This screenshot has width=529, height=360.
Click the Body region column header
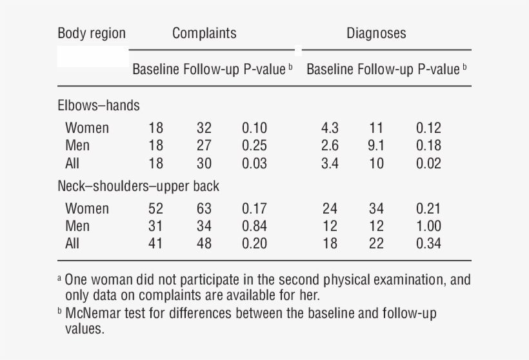pyautogui.click(x=92, y=34)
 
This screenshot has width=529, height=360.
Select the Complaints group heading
pyautogui.click(x=204, y=34)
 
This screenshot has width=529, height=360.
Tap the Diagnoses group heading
pyautogui.click(x=376, y=34)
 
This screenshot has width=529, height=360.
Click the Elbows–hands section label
pyautogui.click(x=99, y=105)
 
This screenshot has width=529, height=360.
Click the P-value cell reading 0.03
pyautogui.click(x=254, y=163)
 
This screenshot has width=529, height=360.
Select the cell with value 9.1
pyautogui.click(x=375, y=146)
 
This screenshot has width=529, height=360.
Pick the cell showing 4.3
pyautogui.click(x=330, y=128)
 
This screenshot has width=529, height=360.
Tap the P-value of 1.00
pyautogui.click(x=428, y=226)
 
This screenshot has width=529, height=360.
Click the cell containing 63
pyautogui.click(x=204, y=208)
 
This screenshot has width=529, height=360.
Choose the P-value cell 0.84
pyautogui.click(x=254, y=226)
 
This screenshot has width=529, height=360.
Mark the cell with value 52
pyautogui.click(x=155, y=208)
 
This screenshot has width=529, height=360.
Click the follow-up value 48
pyautogui.click(x=204, y=243)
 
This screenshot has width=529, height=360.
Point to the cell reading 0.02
pyautogui.click(x=428, y=163)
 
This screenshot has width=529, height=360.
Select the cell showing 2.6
pyautogui.click(x=330, y=146)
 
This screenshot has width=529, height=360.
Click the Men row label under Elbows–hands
pyautogui.click(x=77, y=146)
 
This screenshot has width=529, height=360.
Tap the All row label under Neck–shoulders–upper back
pyautogui.click(x=72, y=243)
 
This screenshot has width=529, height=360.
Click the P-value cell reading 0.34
pyautogui.click(x=428, y=243)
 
